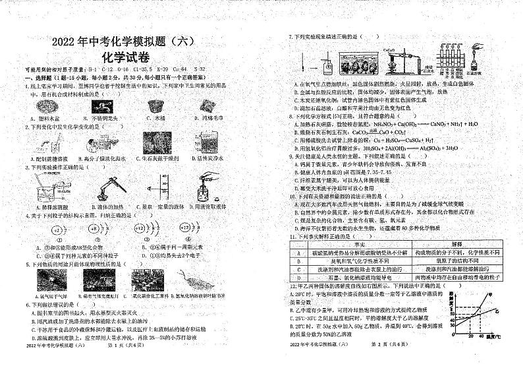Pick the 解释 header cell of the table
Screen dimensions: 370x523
(x=461, y=245)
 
